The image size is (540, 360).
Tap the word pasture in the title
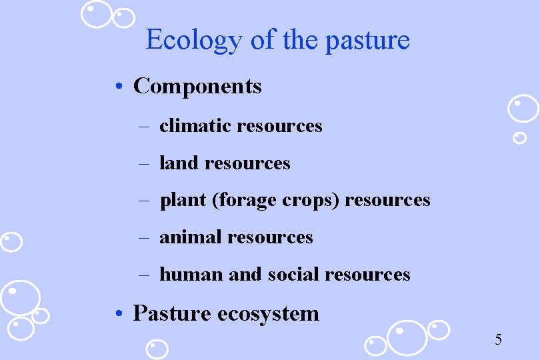367,41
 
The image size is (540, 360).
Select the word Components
197,86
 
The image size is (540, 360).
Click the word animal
191,237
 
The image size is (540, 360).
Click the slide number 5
498,340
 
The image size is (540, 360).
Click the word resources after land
247,163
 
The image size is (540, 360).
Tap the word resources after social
367,274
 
